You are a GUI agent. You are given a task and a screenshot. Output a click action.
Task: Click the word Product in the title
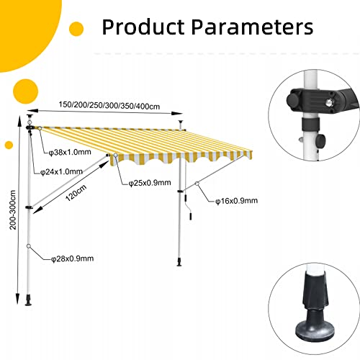click(143, 27)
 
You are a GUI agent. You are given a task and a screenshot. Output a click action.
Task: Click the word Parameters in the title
click(252, 27)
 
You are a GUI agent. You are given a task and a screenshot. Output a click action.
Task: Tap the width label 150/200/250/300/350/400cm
click(109, 105)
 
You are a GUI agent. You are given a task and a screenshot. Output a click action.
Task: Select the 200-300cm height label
click(13, 210)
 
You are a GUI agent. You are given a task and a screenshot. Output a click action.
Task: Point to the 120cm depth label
click(76, 193)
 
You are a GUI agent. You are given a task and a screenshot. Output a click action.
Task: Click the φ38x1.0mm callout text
click(70, 152)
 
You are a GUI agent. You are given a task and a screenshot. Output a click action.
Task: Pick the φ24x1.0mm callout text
click(61, 171)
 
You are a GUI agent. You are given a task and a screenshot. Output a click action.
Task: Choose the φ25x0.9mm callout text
click(150, 183)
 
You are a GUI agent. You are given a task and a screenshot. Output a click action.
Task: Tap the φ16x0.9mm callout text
click(237, 200)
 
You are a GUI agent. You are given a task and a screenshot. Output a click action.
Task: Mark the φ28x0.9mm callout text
click(73, 258)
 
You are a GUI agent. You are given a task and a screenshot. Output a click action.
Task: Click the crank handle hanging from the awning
click(188, 207)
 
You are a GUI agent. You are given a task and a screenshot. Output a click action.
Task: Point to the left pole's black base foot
click(29, 300)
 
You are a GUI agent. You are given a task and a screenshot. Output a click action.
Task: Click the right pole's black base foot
click(179, 262)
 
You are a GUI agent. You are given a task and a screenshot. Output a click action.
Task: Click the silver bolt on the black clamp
click(329, 104)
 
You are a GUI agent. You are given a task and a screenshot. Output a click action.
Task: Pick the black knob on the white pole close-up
click(320, 141)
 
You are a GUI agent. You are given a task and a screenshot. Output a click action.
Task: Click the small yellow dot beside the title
click(76, 29)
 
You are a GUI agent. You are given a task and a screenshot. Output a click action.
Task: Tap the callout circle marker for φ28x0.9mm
click(29, 246)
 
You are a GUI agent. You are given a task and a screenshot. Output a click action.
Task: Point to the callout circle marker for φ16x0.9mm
click(197, 184)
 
